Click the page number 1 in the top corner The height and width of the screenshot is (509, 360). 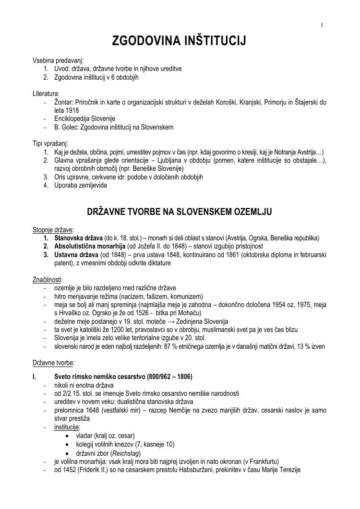pyautogui.click(x=322, y=25)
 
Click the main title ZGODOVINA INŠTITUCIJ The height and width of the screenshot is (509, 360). pyautogui.click(x=179, y=42)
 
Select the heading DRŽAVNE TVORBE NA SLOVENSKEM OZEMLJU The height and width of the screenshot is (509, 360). pyautogui.click(x=179, y=212)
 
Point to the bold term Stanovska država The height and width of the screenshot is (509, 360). pyautogui.click(x=78, y=238)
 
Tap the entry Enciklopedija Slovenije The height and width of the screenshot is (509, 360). pyautogui.click(x=85, y=118)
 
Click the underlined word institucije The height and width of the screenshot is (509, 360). pyautogui.click(x=67, y=427)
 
